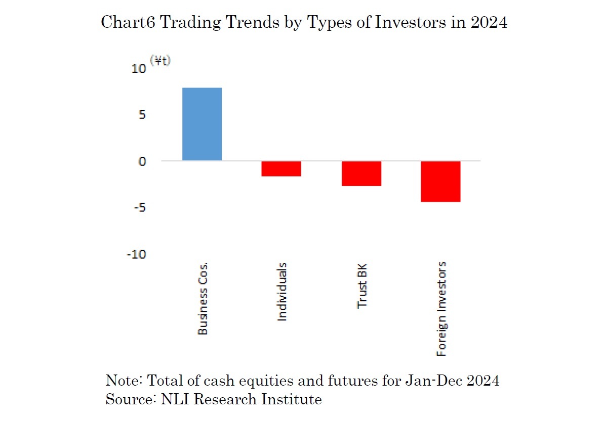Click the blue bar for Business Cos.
[202, 124]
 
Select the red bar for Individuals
[281, 169]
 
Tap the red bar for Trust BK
[361, 173]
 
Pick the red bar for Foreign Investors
[440, 181]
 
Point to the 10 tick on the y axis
[139, 69]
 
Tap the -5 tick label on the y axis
[140, 208]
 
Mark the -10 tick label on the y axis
[137, 254]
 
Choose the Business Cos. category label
[203, 298]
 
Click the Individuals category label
[282, 292]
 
